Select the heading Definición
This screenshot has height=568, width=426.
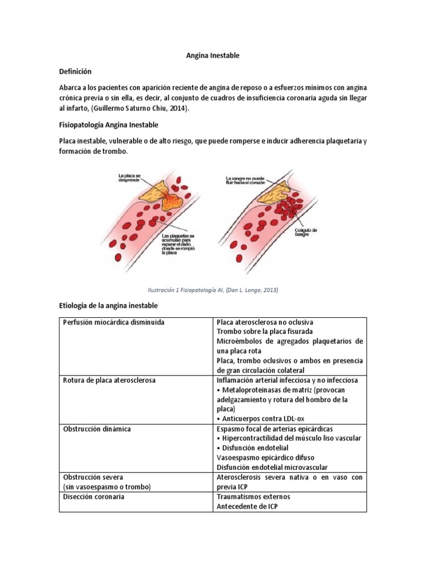[x=75, y=72]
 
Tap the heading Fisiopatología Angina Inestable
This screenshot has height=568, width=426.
[x=109, y=124]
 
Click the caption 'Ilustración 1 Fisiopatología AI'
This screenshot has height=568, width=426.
[x=212, y=290]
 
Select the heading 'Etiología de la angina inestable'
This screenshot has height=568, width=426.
[x=108, y=306]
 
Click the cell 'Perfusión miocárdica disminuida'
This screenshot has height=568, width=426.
[x=114, y=322]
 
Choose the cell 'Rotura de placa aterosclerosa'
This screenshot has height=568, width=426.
[x=109, y=381]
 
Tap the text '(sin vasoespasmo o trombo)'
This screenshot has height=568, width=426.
[x=107, y=486]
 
